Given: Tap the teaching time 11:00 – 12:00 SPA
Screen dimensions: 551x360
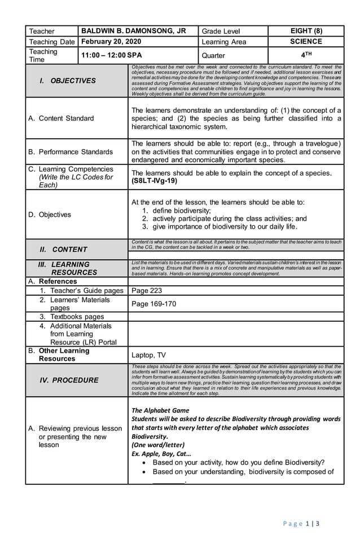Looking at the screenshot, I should pos(112,55).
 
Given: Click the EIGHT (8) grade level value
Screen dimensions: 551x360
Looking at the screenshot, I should pos(306,31).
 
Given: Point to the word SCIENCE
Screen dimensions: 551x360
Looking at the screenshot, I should pos(306,42).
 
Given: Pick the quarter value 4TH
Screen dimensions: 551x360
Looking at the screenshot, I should pos(306,55).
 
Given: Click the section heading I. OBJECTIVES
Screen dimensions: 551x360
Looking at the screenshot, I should pos(68,81).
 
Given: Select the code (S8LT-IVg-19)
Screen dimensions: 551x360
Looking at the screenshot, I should pos(154,181).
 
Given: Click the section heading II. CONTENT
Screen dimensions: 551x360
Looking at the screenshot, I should pos(63,249).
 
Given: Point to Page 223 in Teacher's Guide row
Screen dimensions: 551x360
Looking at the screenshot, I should pos(146,290).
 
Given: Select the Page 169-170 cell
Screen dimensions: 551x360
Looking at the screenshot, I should pos(153,304).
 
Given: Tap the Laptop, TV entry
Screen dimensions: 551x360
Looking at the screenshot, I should pos(148,355).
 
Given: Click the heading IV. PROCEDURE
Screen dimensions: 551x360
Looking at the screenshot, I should pos(68,380).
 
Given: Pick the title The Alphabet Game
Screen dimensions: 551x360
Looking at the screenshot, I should pos(160,410).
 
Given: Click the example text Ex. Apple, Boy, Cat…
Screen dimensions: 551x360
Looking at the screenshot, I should pos(161,453).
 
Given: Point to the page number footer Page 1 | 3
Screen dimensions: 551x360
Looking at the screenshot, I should pos(301,523).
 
